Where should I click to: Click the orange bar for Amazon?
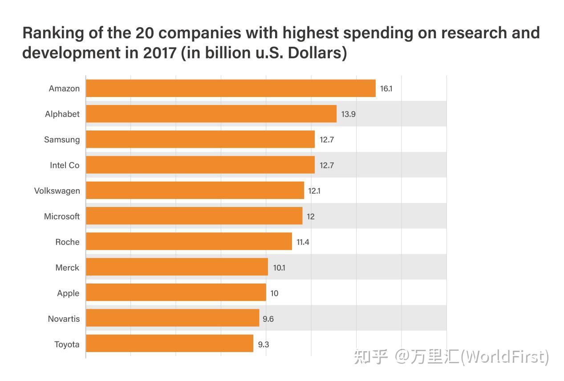[231, 88]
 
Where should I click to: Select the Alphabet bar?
[211, 114]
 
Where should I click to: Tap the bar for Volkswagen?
[195, 190]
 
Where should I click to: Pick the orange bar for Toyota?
[169, 344]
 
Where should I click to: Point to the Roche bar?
[189, 242]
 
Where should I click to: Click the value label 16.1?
[386, 89]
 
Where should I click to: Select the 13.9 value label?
[348, 114]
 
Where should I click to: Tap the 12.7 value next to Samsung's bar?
[326, 140]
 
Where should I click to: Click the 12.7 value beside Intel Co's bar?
[326, 166]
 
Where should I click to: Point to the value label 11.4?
[303, 242]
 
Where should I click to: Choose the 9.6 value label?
[268, 319]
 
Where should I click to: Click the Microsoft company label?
[61, 216]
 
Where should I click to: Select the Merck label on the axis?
[67, 268]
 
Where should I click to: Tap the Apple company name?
[68, 293]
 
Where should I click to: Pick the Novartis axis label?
[64, 319]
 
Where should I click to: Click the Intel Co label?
[65, 165]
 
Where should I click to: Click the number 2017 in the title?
[159, 53]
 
